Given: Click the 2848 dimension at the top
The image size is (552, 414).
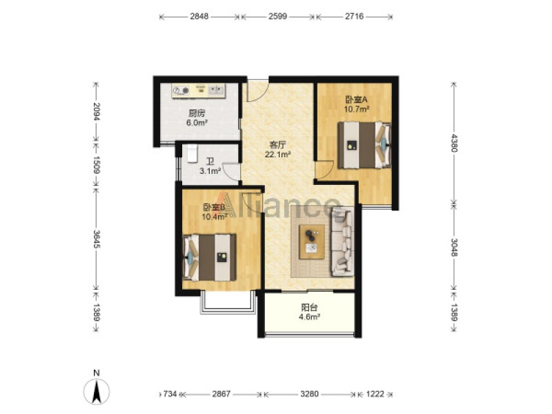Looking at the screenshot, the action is (199, 16).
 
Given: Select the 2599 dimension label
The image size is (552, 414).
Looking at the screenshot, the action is (278, 16).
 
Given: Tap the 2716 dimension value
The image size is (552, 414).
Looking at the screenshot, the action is (354, 16).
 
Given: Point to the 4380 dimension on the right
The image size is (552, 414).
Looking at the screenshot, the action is (454, 143).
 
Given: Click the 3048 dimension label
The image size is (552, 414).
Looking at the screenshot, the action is (454, 248).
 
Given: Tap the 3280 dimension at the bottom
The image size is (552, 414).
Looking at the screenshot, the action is (309, 393).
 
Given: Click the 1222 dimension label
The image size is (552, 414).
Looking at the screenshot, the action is (375, 393).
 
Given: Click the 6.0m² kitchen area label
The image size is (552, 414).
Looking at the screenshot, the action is (197, 123).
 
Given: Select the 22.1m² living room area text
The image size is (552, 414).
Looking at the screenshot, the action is (278, 154).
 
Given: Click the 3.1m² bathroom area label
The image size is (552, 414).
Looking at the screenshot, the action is (210, 171).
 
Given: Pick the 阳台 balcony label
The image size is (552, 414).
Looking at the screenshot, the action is (309, 307).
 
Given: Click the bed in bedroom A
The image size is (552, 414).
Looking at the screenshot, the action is (365, 145).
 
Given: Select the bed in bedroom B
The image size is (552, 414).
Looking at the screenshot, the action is (210, 257).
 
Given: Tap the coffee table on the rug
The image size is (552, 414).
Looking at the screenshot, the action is (312, 242).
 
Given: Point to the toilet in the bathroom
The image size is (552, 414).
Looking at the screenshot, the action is (193, 153).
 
